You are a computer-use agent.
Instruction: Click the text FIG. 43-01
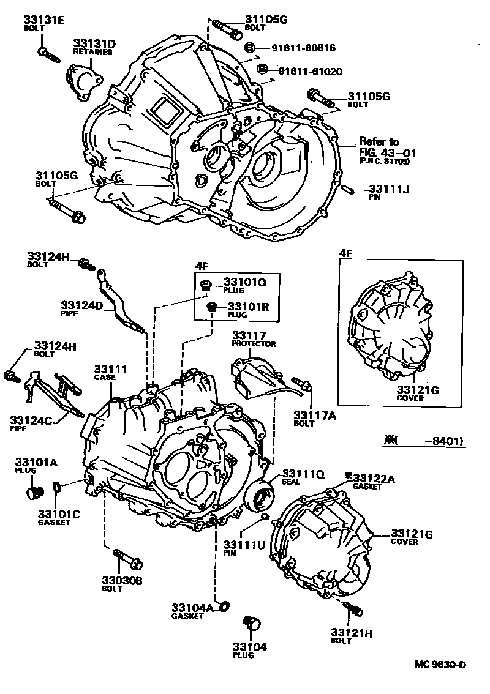click(380, 152)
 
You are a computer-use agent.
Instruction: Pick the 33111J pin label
click(388, 189)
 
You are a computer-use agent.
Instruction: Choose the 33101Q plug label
click(245, 283)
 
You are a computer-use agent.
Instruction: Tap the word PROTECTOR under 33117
click(254, 344)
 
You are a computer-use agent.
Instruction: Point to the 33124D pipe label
click(81, 304)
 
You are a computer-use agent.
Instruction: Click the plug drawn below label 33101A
click(36, 492)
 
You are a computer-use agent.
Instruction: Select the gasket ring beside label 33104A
click(224, 606)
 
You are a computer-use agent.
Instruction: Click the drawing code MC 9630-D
click(439, 665)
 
